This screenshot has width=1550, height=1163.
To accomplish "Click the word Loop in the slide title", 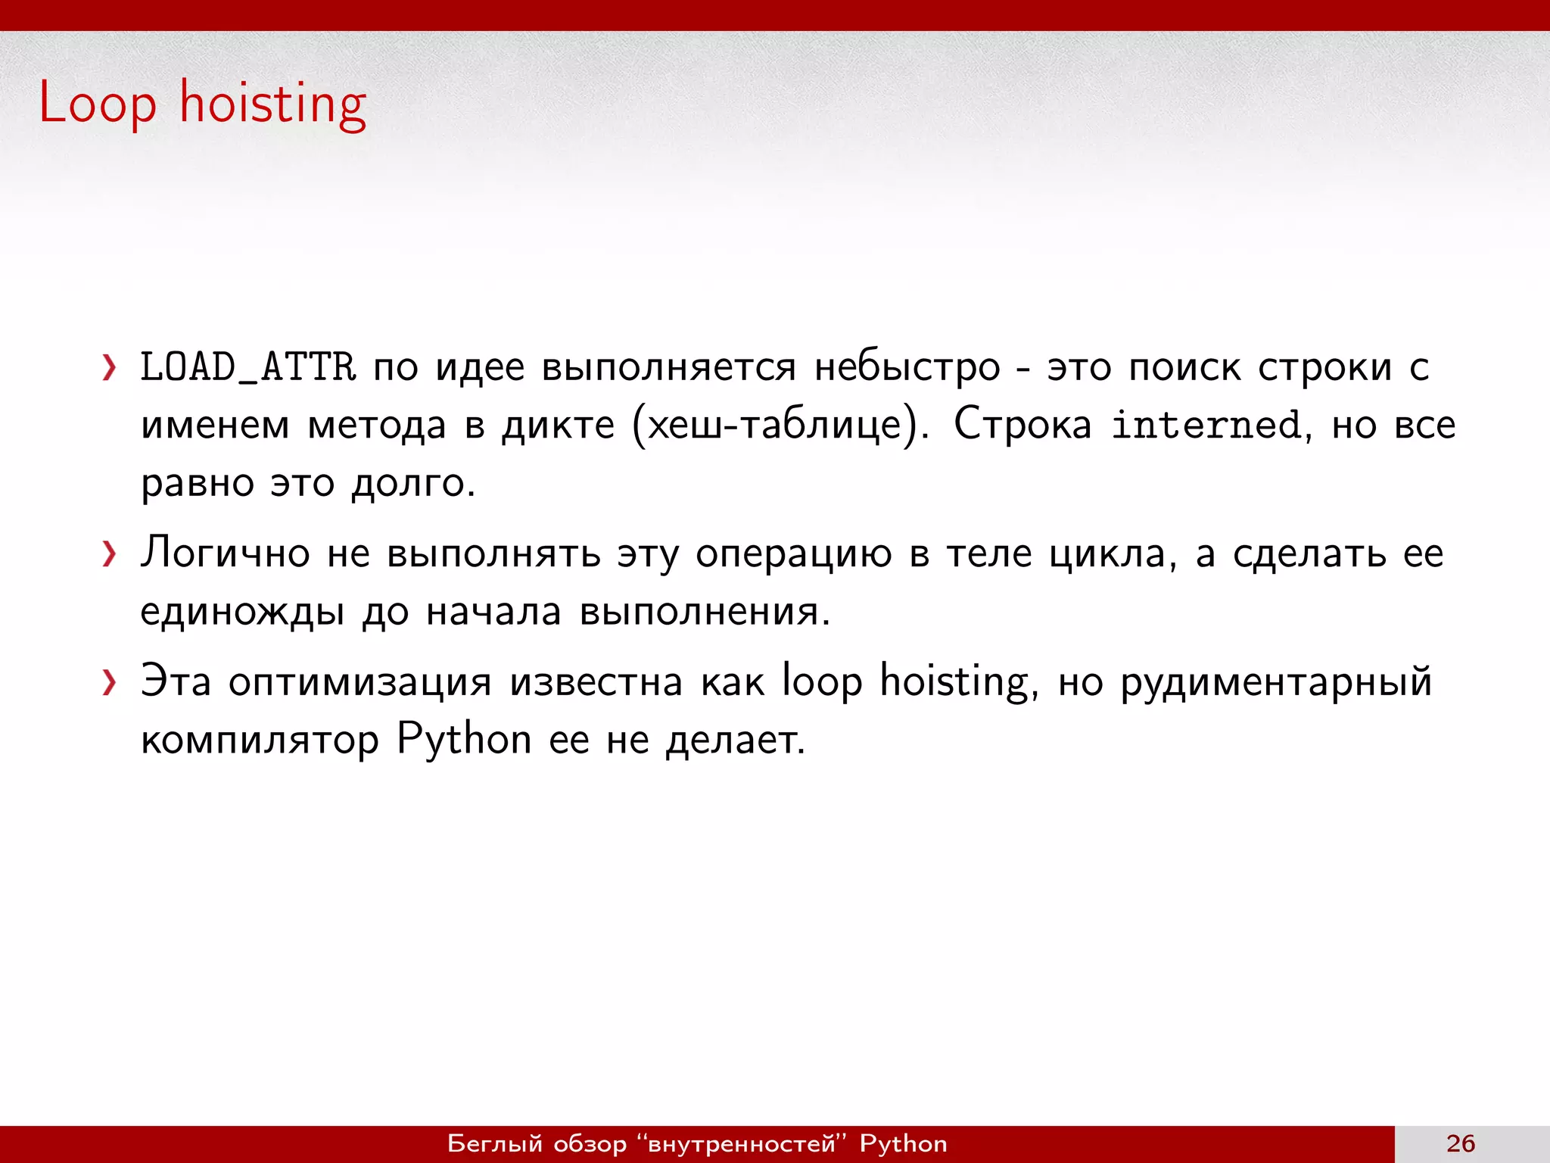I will [x=97, y=103].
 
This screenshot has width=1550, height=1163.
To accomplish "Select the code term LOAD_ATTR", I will [x=247, y=367].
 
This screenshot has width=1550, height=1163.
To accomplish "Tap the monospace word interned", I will [x=1206, y=425].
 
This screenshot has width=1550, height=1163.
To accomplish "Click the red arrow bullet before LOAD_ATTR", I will [x=110, y=368].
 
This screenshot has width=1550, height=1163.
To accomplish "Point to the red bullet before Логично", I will [x=110, y=554].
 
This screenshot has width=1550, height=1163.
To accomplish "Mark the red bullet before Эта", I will [x=110, y=682].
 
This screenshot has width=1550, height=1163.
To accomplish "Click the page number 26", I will [x=1461, y=1143].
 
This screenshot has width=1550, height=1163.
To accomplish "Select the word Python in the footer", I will [x=903, y=1143].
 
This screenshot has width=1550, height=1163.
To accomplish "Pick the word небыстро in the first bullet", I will [x=907, y=368].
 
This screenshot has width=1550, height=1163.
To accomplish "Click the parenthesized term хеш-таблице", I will [x=777, y=425].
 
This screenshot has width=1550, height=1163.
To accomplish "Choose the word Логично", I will [x=225, y=553].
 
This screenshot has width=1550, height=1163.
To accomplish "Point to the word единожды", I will [x=242, y=612].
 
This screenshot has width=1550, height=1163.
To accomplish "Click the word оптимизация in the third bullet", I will [x=359, y=682].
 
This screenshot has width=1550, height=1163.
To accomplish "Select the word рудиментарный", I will [x=1276, y=682].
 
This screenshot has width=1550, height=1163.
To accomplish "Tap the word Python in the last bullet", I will [x=464, y=740].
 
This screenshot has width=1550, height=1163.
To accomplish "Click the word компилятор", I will [x=260, y=740].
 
